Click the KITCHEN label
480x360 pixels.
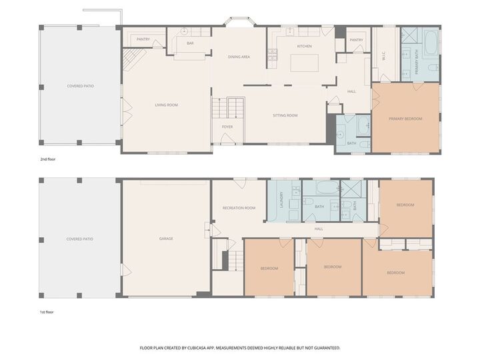[x=304, y=46]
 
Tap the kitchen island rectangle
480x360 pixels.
[x=304, y=63]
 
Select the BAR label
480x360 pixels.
[x=190, y=43]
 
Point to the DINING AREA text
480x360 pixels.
[x=239, y=57]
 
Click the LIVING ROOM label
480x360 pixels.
[x=166, y=105]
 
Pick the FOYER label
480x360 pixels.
[x=227, y=127]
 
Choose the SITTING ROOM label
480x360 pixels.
[x=285, y=115]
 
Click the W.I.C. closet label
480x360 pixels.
[x=384, y=58]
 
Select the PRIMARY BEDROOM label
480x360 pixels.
[x=405, y=119]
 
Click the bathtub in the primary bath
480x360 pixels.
[x=430, y=43]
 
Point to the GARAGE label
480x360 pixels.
[x=166, y=238]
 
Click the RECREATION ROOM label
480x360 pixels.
[x=239, y=208]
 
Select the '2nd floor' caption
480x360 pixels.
[x=49, y=160]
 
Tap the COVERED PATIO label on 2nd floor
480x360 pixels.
[x=80, y=86]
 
